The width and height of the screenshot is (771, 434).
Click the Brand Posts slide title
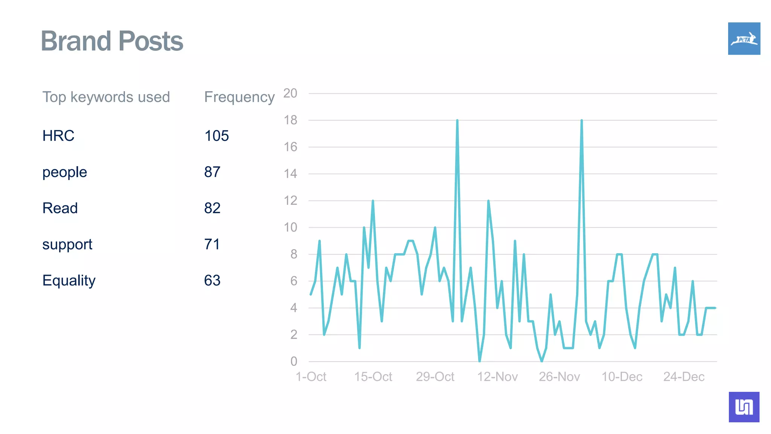pos(112,41)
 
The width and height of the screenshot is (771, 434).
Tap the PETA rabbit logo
pos(744,38)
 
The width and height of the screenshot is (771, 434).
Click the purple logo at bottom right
pos(744,407)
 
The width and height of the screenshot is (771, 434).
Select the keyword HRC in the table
pos(58,136)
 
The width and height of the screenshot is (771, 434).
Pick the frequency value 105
pos(216,136)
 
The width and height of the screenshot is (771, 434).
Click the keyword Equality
pos(69,280)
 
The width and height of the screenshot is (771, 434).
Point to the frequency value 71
pos(212,244)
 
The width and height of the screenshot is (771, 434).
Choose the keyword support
pos(67,245)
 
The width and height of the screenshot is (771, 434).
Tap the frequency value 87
pos(212,172)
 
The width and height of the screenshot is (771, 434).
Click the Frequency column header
pos(239,97)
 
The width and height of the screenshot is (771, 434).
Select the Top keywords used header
pos(106,97)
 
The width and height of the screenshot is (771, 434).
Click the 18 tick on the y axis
pos(290,120)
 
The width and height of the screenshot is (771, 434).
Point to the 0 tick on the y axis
pos(294,361)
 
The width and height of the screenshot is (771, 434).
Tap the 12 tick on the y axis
pos(290,200)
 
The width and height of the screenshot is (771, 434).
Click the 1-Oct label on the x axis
pos(311,376)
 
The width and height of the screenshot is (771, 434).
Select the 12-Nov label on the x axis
pos(497,376)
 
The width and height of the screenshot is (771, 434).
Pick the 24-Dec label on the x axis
pos(684,376)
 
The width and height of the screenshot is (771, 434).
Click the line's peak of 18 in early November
pos(457,121)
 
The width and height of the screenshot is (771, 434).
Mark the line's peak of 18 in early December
pos(582,121)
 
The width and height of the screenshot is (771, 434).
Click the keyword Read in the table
pos(60,208)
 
